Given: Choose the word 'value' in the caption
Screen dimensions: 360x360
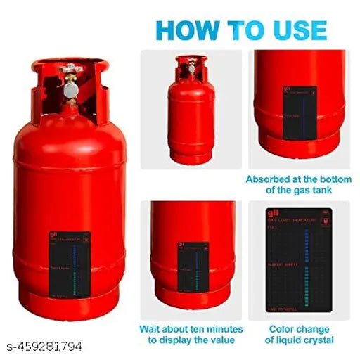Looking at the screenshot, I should click(226, 340).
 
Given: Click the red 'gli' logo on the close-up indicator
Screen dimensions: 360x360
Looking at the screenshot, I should click(271, 214).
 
